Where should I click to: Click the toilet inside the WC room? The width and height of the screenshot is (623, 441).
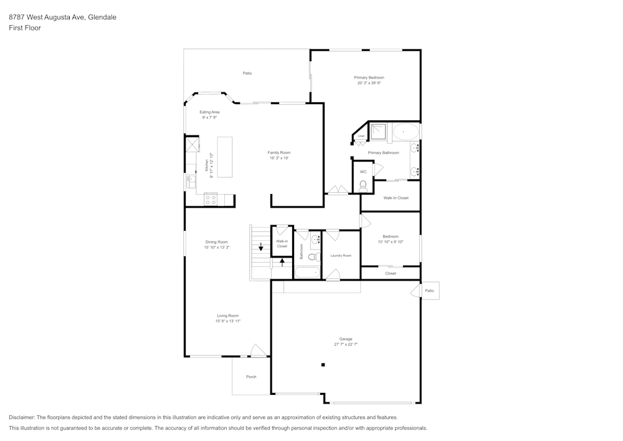click(x=363, y=185)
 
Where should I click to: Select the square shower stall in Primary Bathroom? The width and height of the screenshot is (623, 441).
click(x=379, y=132)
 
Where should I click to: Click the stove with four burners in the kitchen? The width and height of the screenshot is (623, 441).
click(x=211, y=200)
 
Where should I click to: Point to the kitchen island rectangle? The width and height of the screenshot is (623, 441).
click(x=224, y=157)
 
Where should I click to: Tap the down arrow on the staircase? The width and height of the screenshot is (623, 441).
click(x=261, y=247)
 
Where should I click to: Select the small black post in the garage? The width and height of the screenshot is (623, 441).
click(x=323, y=365)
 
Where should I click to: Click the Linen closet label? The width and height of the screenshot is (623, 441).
click(x=361, y=135)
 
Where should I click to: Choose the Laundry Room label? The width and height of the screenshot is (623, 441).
click(x=341, y=255)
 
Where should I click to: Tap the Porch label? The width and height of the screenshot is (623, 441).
click(x=251, y=377)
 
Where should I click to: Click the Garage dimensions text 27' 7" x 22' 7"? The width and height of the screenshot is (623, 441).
click(x=346, y=344)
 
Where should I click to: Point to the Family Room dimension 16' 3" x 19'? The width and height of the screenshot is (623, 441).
click(x=279, y=158)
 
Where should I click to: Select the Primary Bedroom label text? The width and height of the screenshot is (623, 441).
click(x=369, y=77)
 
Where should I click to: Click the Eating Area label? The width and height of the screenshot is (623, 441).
click(x=209, y=112)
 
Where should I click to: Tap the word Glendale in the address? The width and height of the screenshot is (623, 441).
click(x=102, y=17)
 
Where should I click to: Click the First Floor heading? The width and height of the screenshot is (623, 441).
click(x=25, y=28)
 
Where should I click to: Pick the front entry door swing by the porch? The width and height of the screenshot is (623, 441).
click(x=256, y=351)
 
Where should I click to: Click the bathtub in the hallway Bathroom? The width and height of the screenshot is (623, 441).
click(x=307, y=273)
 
